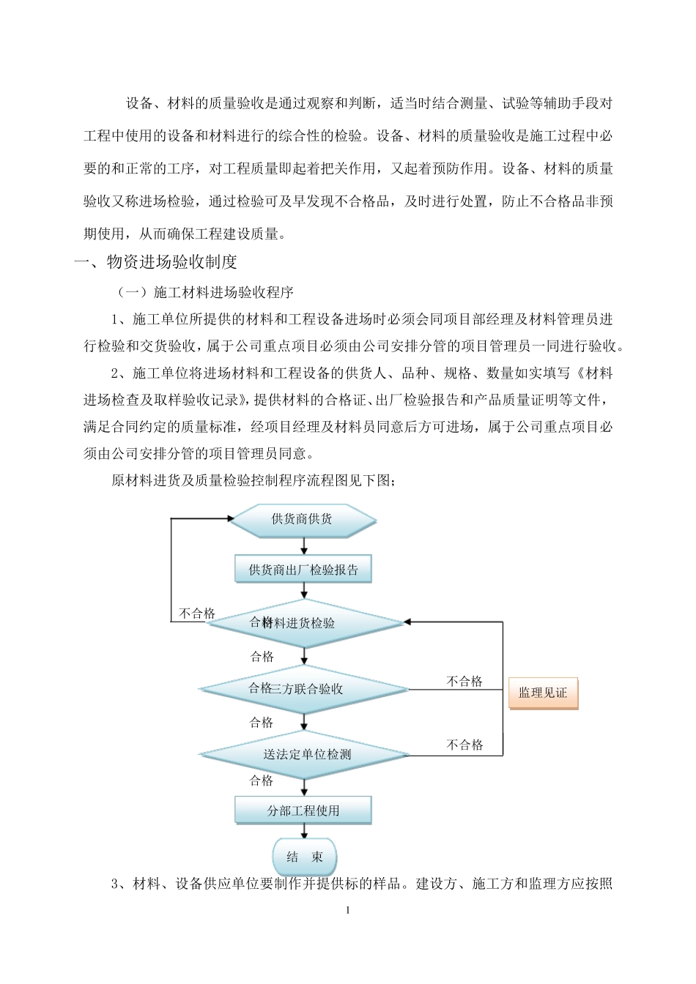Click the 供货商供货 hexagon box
302,519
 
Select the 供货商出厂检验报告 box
303,570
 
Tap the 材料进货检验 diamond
303,623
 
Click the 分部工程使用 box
303,810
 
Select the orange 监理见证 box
543,692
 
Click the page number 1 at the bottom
348,911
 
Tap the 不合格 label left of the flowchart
197,614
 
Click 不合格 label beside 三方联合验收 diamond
464,682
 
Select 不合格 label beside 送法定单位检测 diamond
464,745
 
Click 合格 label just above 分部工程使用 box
262,780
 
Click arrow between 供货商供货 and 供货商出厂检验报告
303,545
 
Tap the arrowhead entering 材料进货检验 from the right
409,623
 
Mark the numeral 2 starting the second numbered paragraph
114,373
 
